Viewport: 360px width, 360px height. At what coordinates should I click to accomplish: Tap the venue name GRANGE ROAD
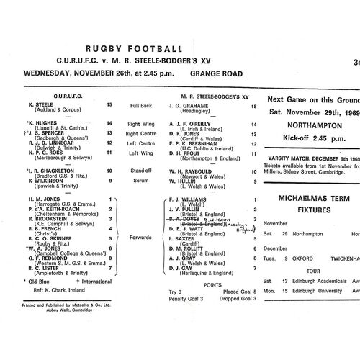point(215,73)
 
